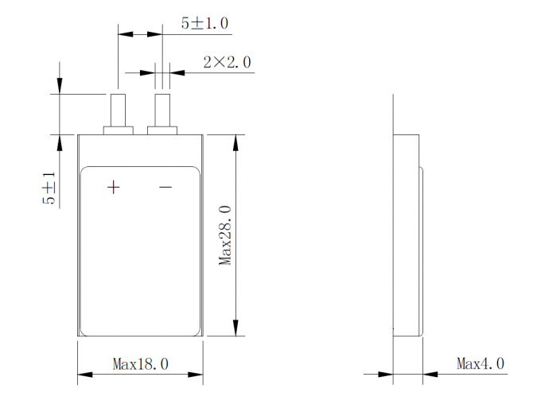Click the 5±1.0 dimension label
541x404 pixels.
click(204, 24)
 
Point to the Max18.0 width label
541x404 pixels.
click(140, 364)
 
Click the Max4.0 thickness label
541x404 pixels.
click(481, 363)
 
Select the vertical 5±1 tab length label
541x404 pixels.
click(49, 189)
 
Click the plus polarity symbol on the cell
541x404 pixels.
click(114, 187)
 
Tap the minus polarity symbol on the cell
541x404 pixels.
click(165, 187)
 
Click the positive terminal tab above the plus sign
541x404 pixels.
click(119, 109)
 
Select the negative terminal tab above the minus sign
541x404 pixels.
click(162, 109)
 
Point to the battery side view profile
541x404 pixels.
click(407, 235)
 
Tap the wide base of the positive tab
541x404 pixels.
click(119, 129)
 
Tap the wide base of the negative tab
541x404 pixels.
click(163, 129)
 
